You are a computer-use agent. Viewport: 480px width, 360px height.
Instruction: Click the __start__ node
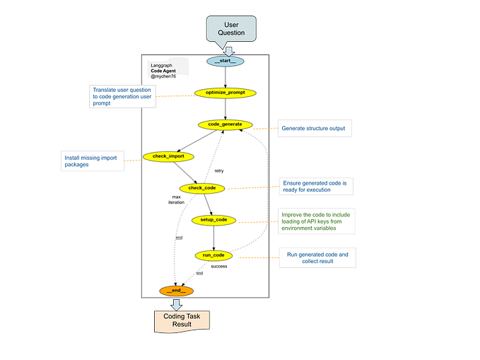point(225,61)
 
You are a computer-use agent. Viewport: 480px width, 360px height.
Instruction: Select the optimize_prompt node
point(225,93)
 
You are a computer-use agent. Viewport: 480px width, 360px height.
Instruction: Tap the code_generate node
point(225,124)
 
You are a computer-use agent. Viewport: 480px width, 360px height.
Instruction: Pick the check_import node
point(168,156)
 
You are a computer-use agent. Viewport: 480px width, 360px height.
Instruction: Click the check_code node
point(201,187)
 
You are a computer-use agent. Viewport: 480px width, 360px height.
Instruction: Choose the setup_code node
point(213,220)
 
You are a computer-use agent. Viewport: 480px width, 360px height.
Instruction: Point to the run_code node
point(213,254)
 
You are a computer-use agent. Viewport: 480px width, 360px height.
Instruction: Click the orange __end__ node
point(176,291)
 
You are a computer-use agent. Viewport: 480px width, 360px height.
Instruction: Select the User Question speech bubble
point(230,28)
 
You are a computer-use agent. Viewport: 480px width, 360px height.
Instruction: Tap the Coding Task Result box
point(182,320)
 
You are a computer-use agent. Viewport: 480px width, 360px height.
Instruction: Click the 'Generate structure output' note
point(315,129)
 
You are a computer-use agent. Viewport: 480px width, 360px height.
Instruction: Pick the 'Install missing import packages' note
point(93,161)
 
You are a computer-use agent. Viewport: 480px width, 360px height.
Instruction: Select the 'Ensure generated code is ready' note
point(315,186)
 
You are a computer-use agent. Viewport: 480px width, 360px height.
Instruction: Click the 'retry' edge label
point(219,170)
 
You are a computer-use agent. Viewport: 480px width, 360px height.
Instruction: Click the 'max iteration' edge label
point(176,199)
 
